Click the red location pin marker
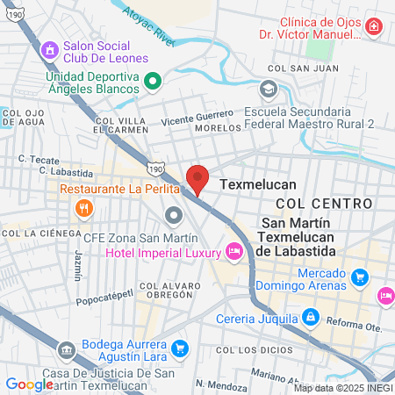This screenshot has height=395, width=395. point(197,178)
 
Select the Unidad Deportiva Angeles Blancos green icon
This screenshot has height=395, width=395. point(153,82)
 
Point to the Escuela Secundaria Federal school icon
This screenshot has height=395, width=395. point(267,89)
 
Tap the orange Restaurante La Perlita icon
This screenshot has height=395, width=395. point(85,208)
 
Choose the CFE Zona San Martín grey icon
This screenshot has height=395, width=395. point(174,215)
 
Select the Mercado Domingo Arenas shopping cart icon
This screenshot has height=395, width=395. point(358,278)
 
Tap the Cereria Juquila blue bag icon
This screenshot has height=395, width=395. point(310,316)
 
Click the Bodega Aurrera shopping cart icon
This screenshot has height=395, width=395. point(179,348)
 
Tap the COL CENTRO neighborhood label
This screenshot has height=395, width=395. point(323,203)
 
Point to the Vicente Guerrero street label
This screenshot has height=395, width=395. point(197,117)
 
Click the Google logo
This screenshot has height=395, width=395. point(29,384)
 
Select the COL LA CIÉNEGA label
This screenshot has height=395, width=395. point(35,233)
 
